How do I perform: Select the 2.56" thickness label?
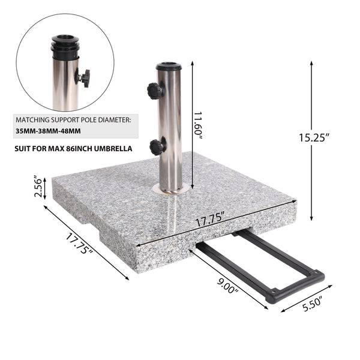coord(37,187)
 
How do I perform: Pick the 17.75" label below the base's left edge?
coord(79,243)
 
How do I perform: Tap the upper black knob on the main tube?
coord(155,91)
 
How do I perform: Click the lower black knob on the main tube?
coord(157,146)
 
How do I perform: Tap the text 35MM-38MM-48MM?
coord(49,130)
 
